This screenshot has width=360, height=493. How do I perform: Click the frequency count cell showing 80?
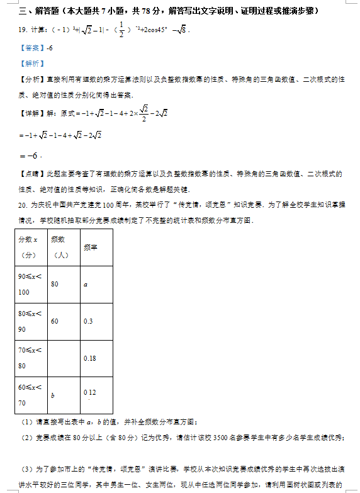(x=55, y=284)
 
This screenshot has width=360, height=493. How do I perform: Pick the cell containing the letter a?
(x=85, y=284)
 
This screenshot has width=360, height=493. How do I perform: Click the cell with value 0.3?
(x=88, y=321)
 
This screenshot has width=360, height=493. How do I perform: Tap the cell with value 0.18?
(x=89, y=358)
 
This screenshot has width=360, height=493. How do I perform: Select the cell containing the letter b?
(x=53, y=395)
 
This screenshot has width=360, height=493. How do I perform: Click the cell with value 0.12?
(x=89, y=392)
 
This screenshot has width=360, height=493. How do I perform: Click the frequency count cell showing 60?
(x=55, y=321)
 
